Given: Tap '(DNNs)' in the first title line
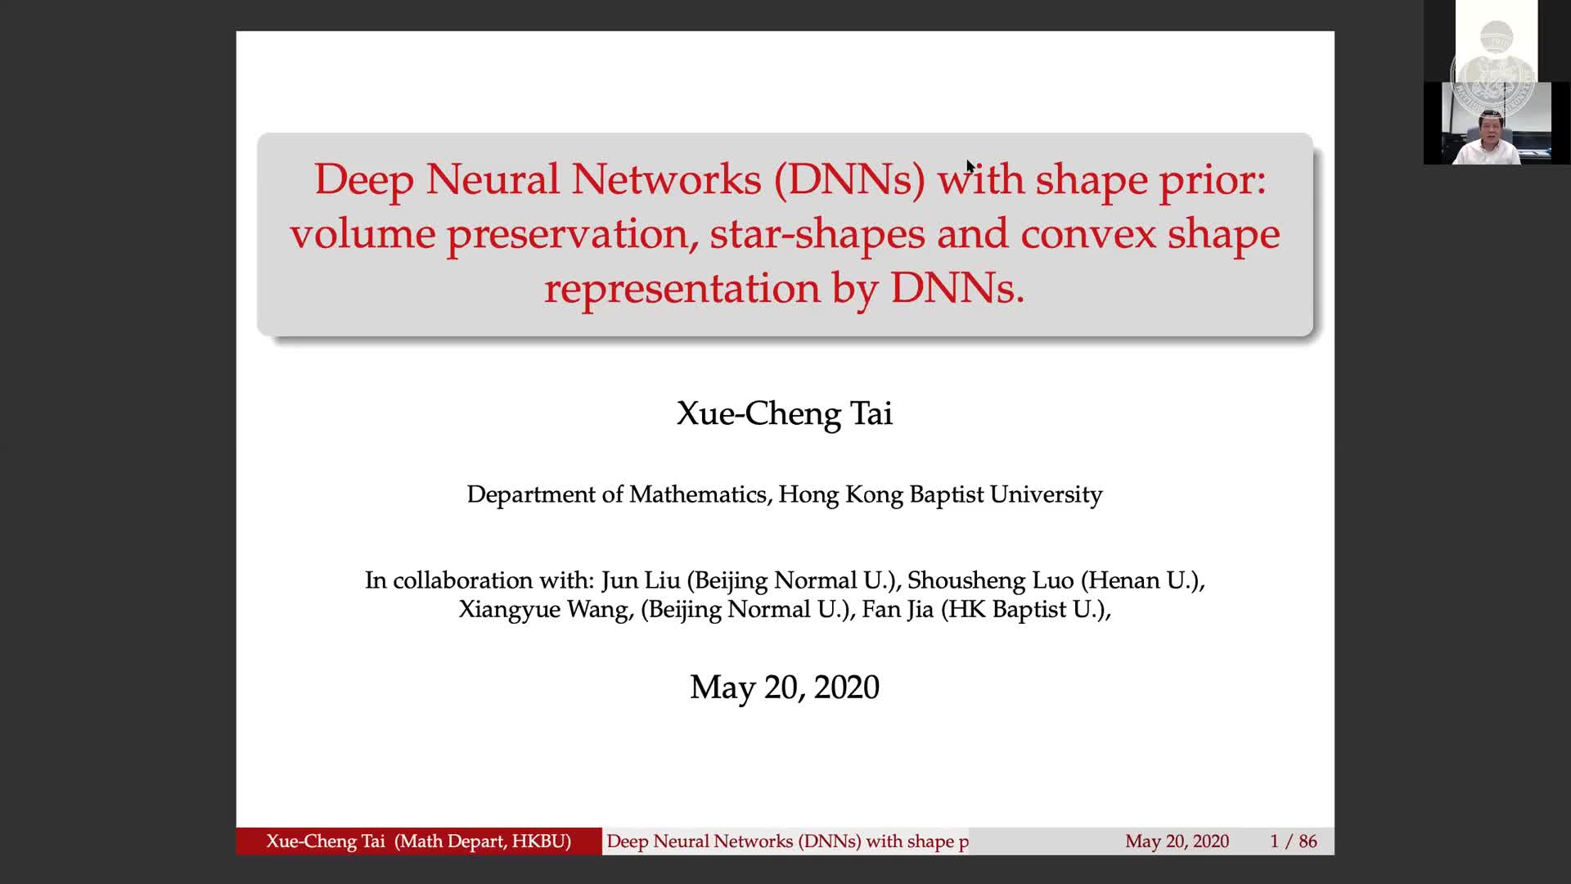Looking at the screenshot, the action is (x=849, y=179).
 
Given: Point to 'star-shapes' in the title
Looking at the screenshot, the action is (x=817, y=235).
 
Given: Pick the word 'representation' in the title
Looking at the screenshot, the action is (x=682, y=288).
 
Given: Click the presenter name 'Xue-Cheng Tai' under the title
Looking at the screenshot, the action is (x=785, y=413).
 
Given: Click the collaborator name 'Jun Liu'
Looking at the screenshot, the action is (x=641, y=580).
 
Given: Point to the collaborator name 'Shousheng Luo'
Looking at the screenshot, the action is (x=991, y=580).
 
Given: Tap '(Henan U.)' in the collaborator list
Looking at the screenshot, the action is (x=1141, y=580).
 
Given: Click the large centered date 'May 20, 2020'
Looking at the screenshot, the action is (x=785, y=688).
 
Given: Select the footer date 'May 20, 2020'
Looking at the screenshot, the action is (x=1177, y=841).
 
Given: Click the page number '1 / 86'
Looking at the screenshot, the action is (x=1294, y=841).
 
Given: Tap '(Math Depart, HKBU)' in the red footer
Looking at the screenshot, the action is (x=483, y=841).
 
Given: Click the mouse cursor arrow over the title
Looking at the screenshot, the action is (x=970, y=167).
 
